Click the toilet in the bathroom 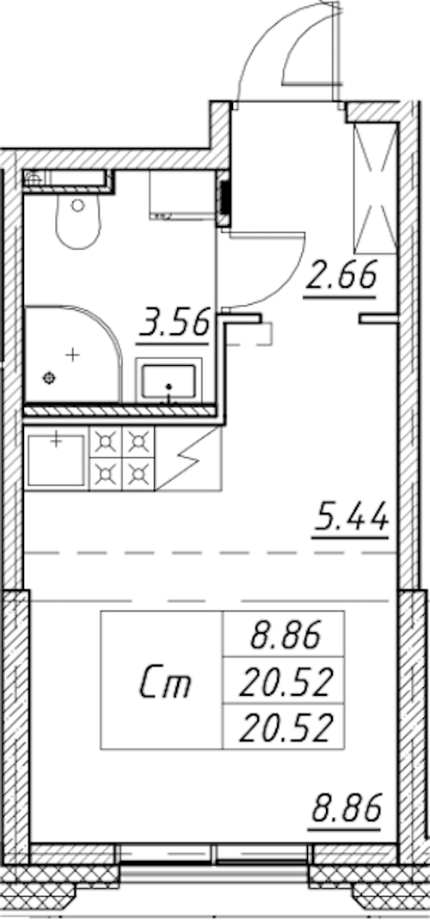[78, 221]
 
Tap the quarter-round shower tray [71, 354]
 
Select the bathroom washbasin [169, 381]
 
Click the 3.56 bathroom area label [173, 324]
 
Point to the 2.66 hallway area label [340, 277]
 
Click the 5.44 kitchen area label [351, 519]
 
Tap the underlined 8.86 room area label [346, 809]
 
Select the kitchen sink [56, 460]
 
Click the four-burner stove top [121, 458]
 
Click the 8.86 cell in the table [284, 635]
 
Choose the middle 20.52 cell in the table [284, 680]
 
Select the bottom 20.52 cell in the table [284, 726]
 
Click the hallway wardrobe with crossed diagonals [375, 188]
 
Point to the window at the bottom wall [215, 854]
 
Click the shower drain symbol [49, 378]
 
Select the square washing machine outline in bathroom [182, 194]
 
